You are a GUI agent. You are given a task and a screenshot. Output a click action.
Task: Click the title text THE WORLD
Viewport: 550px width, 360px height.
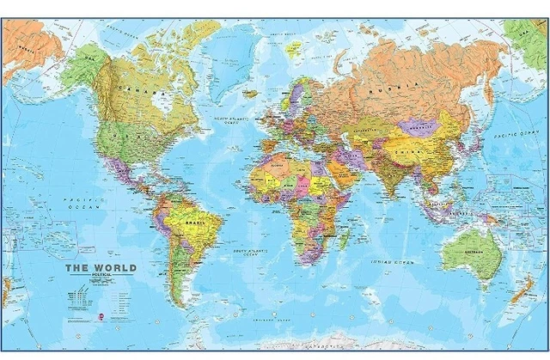coord(101,268)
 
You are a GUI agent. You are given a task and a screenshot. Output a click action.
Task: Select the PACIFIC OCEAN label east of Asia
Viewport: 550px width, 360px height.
coord(510,135)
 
